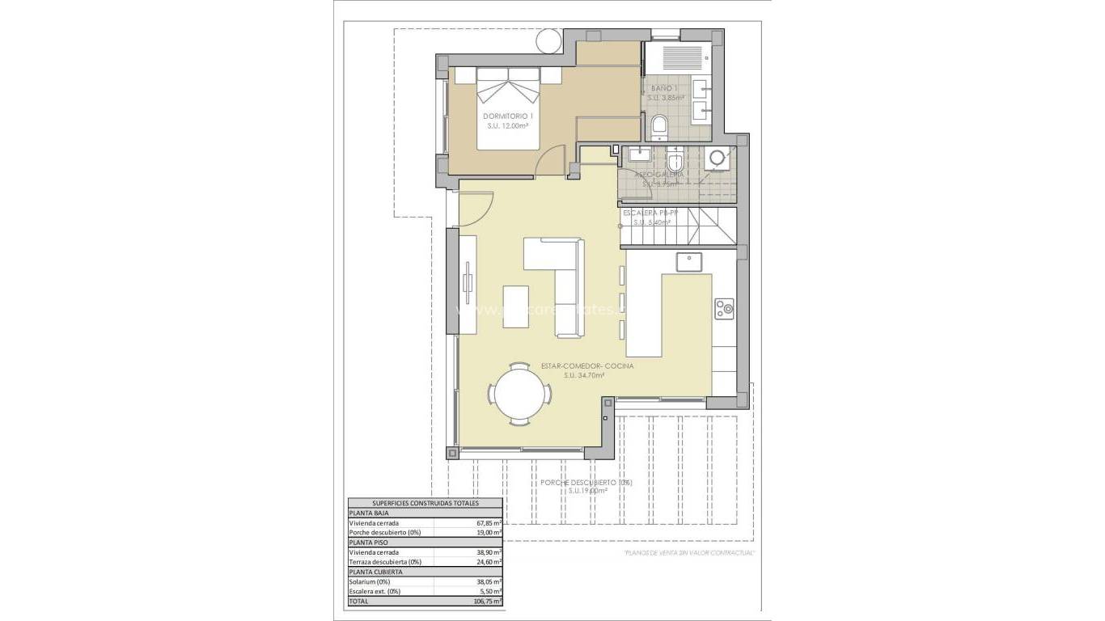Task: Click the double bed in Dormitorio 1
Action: pyautogui.click(x=508, y=109)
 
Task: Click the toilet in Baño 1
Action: pyautogui.click(x=658, y=126)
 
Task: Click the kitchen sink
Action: pyautogui.click(x=689, y=261)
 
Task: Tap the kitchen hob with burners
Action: pyautogui.click(x=724, y=307)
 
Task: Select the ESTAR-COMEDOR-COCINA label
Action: pyautogui.click(x=587, y=366)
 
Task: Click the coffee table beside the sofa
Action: pyautogui.click(x=515, y=306)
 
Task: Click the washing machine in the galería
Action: pyautogui.click(x=716, y=159)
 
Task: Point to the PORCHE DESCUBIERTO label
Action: pyautogui.click(x=586, y=483)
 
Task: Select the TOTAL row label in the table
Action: pyautogui.click(x=358, y=601)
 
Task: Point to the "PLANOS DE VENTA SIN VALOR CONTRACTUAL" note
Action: pyautogui.click(x=689, y=553)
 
